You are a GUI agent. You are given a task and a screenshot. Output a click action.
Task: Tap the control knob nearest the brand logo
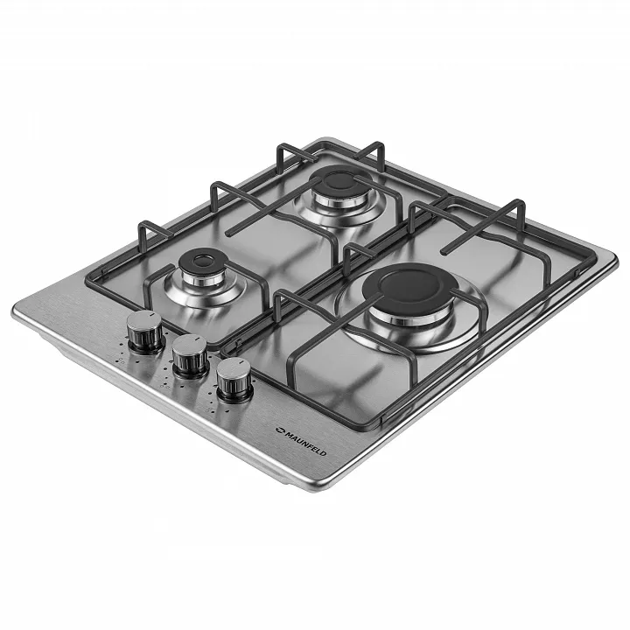pos(234,379)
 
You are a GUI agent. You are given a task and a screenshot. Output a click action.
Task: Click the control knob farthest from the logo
pos(145,332)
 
